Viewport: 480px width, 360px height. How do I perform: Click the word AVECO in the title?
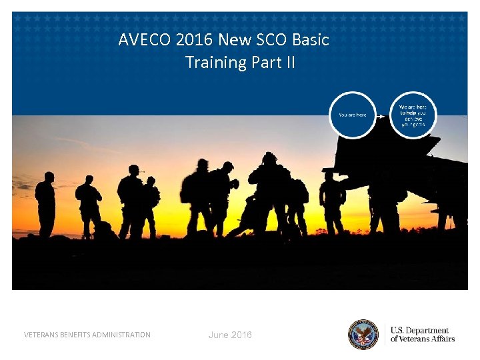[145, 40]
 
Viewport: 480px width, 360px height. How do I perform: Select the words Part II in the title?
[273, 63]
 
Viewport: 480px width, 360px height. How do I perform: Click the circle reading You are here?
[352, 115]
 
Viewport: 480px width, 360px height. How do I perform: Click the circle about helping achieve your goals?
[413, 115]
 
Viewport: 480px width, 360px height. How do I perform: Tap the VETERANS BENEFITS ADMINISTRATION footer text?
[87, 335]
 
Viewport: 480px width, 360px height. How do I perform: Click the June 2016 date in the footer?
[230, 335]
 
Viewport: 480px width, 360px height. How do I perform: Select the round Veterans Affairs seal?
[363, 335]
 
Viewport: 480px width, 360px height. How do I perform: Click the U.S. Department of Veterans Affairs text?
[422, 335]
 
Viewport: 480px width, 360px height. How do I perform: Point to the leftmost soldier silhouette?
[45, 203]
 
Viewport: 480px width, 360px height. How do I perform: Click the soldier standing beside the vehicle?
[331, 200]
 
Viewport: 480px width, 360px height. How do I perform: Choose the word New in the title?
[233, 40]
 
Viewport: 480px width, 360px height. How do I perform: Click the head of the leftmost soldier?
[48, 177]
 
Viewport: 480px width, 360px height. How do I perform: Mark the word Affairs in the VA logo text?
[441, 339]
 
